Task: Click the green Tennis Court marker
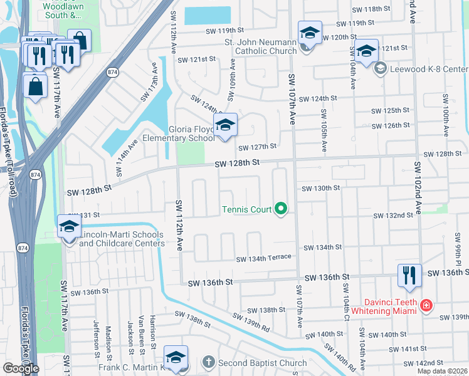(x=282, y=209)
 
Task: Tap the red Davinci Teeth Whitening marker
(x=426, y=305)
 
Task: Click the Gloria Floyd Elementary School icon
(x=225, y=126)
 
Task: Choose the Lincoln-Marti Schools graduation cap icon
(x=69, y=227)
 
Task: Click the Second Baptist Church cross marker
(x=209, y=362)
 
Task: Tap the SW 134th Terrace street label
(x=263, y=258)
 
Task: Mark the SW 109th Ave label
(x=232, y=74)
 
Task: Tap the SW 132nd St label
(x=393, y=216)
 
